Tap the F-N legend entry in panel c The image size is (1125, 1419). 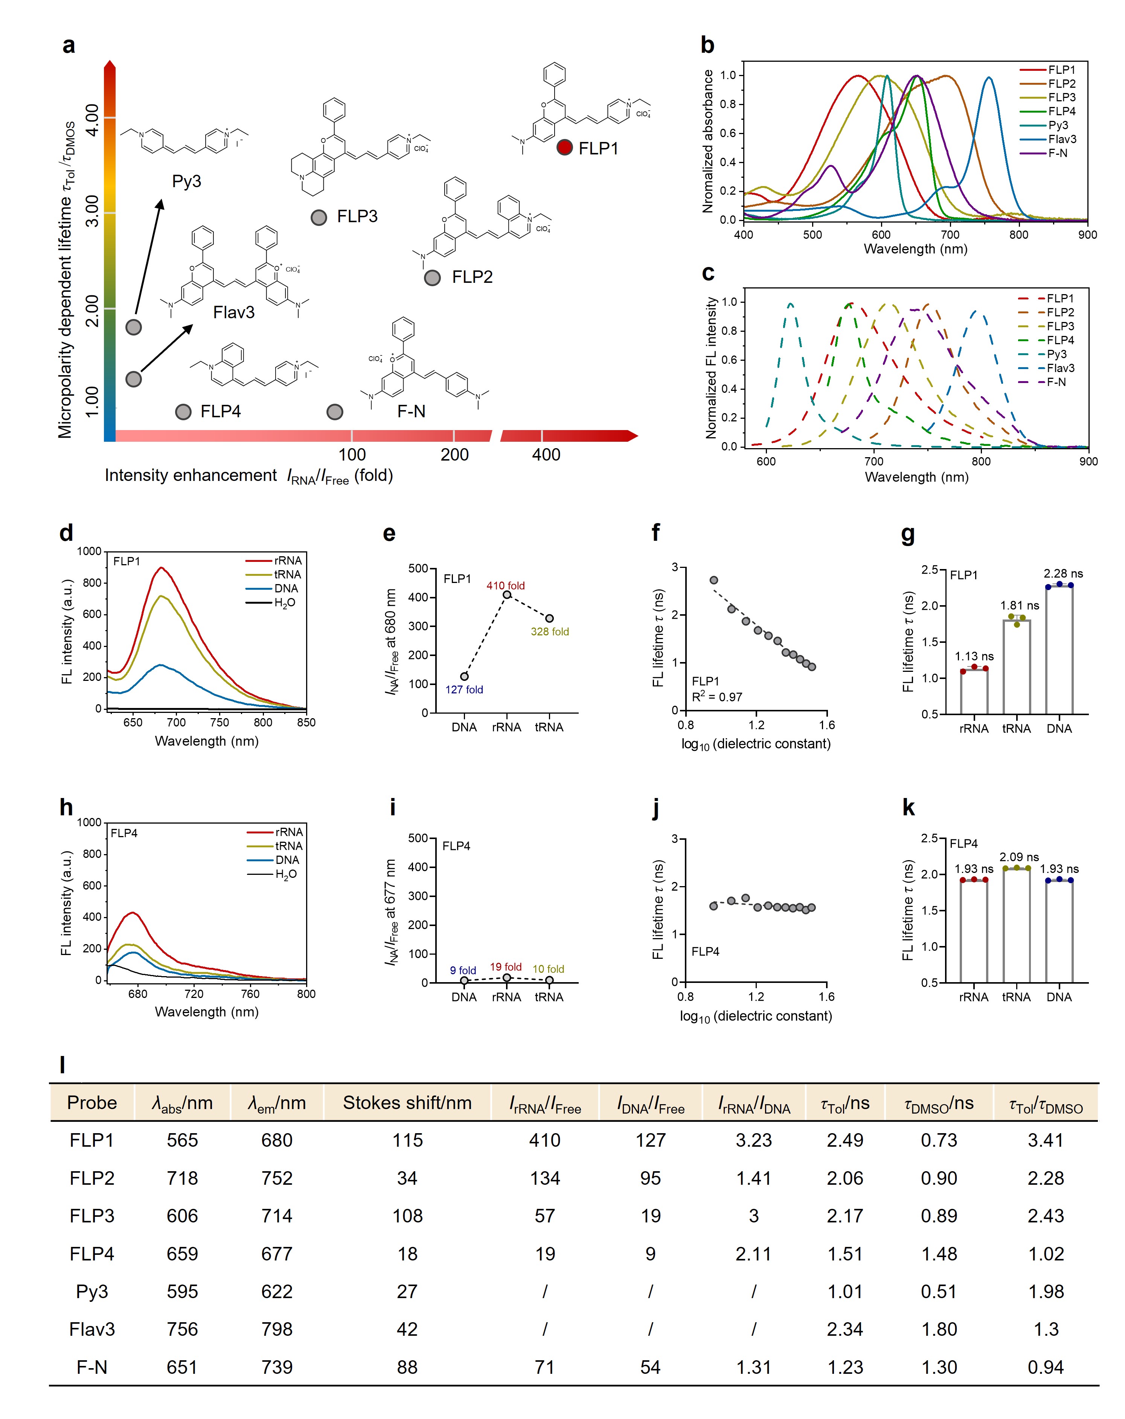pos(1056,382)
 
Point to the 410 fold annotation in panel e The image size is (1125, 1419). pos(505,585)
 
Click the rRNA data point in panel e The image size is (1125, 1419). pos(506,595)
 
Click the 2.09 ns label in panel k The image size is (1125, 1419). pos(1018,857)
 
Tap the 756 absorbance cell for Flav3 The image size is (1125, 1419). pos(182,1329)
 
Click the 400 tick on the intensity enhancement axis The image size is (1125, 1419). pos(546,455)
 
